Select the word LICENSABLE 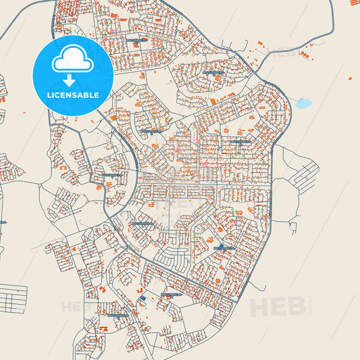click(x=73, y=95)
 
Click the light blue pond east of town click(x=304, y=103)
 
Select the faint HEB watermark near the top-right click(x=284, y=50)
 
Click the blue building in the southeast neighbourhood click(x=221, y=246)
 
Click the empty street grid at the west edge click(x=12, y=298)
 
